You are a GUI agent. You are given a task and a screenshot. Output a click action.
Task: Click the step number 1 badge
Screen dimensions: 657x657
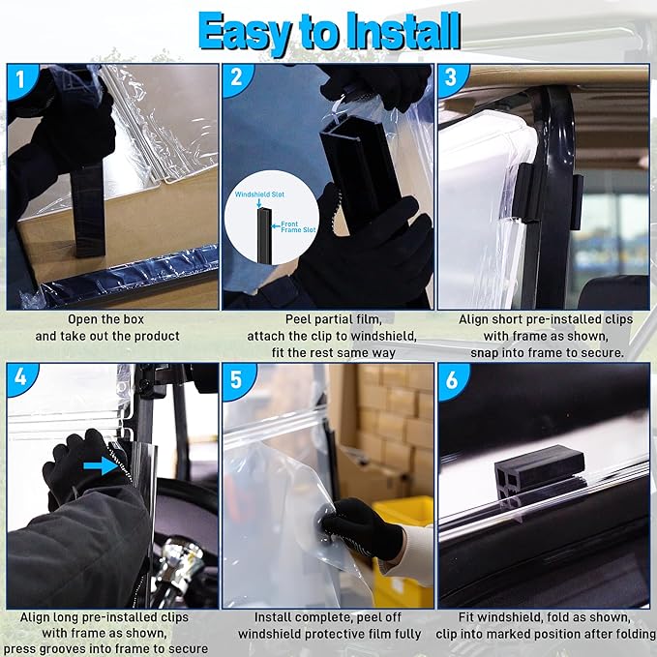pos(21,79)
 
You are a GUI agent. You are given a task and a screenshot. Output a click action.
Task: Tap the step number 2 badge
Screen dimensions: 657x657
pos(237,78)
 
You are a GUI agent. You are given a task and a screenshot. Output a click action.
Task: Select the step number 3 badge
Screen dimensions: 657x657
pos(451,78)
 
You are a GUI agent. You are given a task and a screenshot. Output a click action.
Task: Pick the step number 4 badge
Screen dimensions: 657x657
pos(21,377)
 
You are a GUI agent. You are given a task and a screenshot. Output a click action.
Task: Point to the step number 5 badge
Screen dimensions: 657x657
pos(237,379)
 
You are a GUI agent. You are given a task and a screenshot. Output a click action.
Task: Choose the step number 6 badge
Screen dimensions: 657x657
pos(453,379)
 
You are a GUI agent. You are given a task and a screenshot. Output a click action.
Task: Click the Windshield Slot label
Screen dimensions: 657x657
pos(259,194)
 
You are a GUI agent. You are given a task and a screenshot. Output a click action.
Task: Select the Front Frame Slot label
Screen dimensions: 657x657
pos(298,226)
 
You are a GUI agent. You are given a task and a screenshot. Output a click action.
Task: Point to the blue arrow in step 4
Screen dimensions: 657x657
pos(100,466)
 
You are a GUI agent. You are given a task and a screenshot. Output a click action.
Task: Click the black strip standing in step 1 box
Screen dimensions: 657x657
pos(88,210)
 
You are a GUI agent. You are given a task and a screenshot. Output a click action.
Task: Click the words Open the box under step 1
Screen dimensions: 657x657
pos(106,319)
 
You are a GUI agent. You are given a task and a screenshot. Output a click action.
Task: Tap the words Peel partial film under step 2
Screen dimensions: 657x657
pos(334,319)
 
